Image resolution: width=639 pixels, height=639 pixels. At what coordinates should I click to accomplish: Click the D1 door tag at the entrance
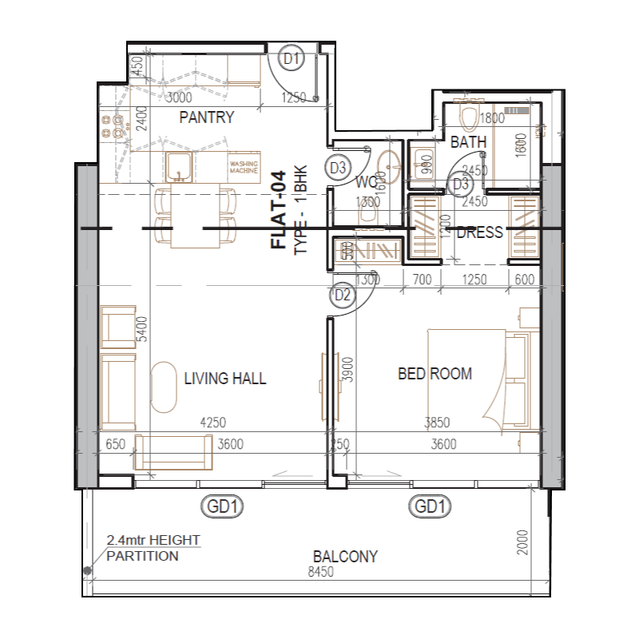click(x=292, y=58)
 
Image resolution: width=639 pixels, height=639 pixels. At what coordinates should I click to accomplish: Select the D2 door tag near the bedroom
click(x=343, y=296)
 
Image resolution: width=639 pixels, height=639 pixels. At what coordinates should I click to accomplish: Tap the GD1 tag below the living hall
click(x=224, y=506)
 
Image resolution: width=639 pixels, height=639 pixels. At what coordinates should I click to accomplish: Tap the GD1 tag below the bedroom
click(x=430, y=506)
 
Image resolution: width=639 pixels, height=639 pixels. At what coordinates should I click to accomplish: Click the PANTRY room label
click(x=206, y=118)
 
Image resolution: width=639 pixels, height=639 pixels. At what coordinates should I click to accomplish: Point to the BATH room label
click(x=468, y=142)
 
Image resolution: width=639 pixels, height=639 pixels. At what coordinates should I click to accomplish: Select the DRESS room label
click(x=479, y=232)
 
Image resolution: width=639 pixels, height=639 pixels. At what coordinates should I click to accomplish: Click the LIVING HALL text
click(x=224, y=379)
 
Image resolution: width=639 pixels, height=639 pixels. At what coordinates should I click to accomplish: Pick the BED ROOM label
click(x=435, y=373)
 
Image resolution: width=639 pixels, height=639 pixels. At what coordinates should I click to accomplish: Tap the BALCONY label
click(x=345, y=557)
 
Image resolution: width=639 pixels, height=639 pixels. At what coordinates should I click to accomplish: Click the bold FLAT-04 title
click(x=279, y=211)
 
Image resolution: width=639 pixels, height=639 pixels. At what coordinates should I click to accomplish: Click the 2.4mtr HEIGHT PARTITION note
click(x=153, y=549)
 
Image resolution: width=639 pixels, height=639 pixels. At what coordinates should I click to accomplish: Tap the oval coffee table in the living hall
click(x=165, y=387)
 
